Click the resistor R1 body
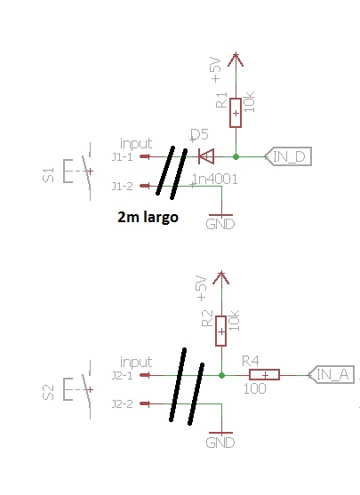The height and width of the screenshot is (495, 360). (x=236, y=113)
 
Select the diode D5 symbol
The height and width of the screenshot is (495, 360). (x=206, y=156)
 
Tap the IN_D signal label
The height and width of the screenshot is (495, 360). (x=288, y=156)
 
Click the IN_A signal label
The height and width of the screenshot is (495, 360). (x=332, y=375)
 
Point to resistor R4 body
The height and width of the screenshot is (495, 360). (x=264, y=375)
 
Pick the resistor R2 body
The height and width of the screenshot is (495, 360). (x=221, y=331)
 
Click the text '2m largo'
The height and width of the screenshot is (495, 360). (x=148, y=217)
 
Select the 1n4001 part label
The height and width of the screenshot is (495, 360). (x=215, y=180)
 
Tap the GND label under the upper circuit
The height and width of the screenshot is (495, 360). (x=220, y=224)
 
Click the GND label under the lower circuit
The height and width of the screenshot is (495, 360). (x=220, y=443)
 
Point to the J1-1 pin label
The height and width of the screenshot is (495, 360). (x=123, y=156)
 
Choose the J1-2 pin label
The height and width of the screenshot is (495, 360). (x=123, y=186)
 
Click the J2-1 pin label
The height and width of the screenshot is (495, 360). (x=123, y=375)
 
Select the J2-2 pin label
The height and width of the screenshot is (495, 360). (x=123, y=403)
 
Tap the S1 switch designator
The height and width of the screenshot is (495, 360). (x=48, y=174)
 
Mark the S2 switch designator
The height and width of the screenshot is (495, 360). (x=48, y=393)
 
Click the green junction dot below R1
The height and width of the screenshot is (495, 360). (x=236, y=156)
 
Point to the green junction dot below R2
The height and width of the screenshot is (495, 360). (x=221, y=375)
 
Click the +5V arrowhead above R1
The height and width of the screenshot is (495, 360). (x=236, y=60)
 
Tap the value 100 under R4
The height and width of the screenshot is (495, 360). (x=254, y=388)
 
